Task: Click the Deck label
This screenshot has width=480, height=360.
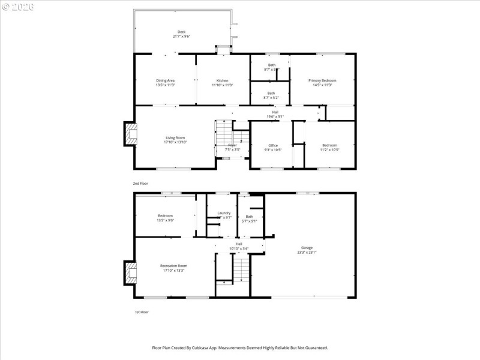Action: click(x=181, y=32)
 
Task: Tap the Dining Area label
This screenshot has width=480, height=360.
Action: click(x=165, y=80)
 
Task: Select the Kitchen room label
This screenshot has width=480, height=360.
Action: click(x=222, y=80)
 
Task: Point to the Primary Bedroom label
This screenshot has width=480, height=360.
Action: click(x=322, y=80)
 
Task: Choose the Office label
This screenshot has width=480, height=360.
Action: click(x=273, y=145)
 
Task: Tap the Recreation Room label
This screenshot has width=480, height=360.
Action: click(x=173, y=265)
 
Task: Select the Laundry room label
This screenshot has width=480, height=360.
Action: click(x=223, y=213)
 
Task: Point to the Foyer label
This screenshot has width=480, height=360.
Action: click(x=232, y=145)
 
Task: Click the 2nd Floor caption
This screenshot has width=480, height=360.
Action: click(x=140, y=183)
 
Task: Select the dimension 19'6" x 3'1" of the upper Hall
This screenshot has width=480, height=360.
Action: click(x=275, y=116)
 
